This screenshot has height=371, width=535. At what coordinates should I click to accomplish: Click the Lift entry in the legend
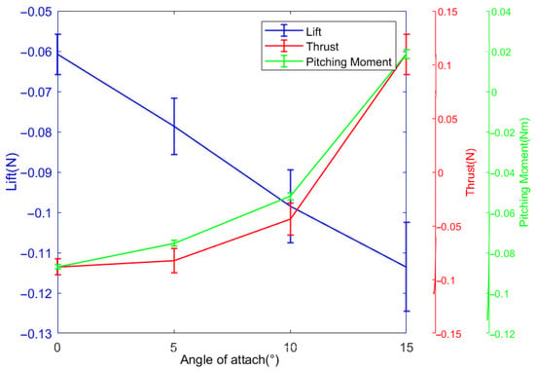point(313,32)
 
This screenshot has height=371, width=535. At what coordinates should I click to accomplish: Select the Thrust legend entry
point(322,47)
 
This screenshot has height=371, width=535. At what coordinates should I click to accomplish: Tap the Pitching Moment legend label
point(348,62)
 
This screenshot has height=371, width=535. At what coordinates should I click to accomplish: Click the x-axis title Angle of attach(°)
point(230,359)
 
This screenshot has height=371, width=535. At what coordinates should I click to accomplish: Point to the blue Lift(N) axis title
point(12,171)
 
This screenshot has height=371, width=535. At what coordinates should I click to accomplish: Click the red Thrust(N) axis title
point(471,172)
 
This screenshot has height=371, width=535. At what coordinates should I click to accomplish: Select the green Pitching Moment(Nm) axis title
point(524,172)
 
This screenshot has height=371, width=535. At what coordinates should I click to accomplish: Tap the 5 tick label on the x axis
point(174,348)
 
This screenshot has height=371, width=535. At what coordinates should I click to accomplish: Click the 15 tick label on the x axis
point(406,348)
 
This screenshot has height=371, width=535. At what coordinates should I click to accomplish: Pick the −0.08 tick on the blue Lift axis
point(36,132)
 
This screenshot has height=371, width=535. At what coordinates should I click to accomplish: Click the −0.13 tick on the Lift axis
point(36,333)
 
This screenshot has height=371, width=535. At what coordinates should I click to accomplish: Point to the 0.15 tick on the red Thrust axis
point(448,12)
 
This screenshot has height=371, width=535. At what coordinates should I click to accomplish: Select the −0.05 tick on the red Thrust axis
point(449,227)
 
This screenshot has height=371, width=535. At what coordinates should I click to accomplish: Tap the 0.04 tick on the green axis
point(502,12)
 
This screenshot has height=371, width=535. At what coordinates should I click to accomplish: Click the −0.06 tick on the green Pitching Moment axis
point(503,213)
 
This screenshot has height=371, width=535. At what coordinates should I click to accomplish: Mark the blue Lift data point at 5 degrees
point(174,127)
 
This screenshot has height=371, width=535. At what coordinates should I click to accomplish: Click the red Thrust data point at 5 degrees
point(174,261)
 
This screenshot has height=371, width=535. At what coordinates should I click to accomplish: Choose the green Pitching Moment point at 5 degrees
point(174,243)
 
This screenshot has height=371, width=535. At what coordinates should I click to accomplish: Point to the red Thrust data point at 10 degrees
point(291,219)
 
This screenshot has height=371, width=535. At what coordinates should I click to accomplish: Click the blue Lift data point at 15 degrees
point(406,267)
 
